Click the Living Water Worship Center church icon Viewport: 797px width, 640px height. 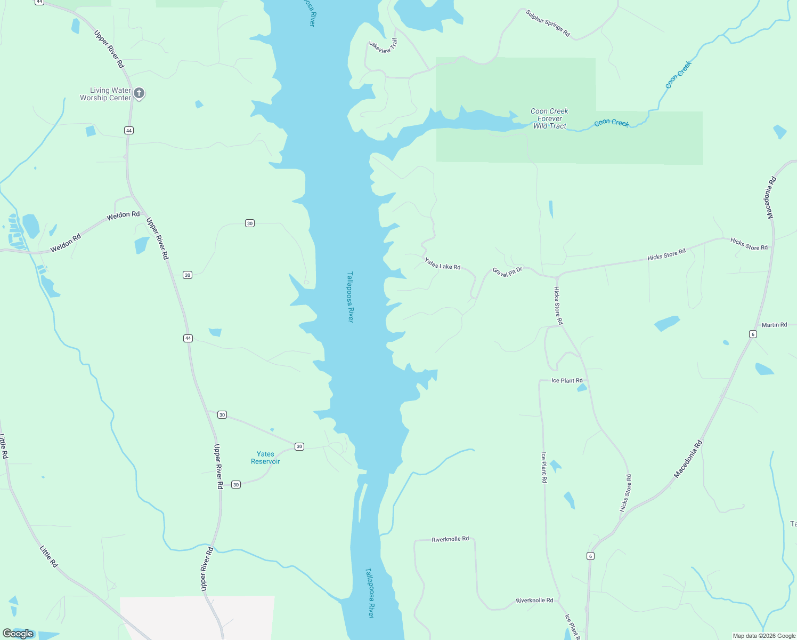point(139,93)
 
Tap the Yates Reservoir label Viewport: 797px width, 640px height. point(265,458)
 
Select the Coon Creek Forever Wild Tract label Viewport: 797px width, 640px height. point(550,118)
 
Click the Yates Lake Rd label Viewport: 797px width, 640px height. point(442,263)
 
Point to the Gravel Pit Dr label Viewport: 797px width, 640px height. point(507,272)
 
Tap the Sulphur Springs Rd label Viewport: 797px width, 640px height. point(548,23)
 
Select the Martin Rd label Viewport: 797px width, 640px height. point(774,325)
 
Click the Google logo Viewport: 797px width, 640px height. point(18,634)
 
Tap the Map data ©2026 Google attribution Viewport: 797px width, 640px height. point(764,636)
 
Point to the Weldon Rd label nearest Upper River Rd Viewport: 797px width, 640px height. point(123,215)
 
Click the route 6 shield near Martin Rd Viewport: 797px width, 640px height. point(753,334)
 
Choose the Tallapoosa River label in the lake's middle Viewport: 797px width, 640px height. point(350,297)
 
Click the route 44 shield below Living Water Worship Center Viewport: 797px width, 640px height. point(129,131)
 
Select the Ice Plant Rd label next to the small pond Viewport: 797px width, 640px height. point(567,381)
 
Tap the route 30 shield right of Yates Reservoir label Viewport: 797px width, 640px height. point(299,446)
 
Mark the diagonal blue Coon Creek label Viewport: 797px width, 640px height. point(678,75)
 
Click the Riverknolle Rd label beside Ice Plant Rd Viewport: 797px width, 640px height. point(534,601)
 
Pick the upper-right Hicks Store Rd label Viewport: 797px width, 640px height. point(749,244)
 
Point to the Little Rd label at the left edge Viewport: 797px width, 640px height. point(4,446)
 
